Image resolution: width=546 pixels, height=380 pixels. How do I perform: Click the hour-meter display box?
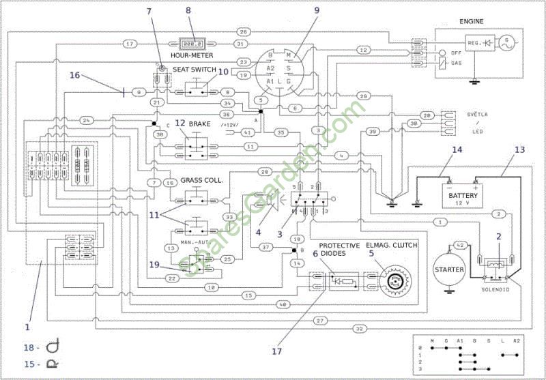pos(194,42)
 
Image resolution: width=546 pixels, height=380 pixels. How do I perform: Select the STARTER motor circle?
pos(450,269)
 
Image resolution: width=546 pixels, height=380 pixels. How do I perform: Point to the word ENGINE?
pos(471,22)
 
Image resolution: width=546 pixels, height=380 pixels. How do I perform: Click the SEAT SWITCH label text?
pos(195,70)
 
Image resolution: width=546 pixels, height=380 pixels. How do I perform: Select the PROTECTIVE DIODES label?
pos(339,250)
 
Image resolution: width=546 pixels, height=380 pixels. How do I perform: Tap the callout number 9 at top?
pos(317,11)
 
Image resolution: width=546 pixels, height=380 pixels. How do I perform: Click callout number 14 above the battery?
pos(456,149)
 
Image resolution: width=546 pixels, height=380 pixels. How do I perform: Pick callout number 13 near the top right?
pos(520,149)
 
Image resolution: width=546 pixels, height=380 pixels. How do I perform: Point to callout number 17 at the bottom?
pos(276,352)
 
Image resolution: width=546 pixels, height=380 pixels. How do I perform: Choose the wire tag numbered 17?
pos(130,44)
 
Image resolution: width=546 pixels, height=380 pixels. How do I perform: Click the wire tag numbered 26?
pos(243,33)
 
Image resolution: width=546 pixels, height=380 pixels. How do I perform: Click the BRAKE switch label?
pos(200,125)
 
